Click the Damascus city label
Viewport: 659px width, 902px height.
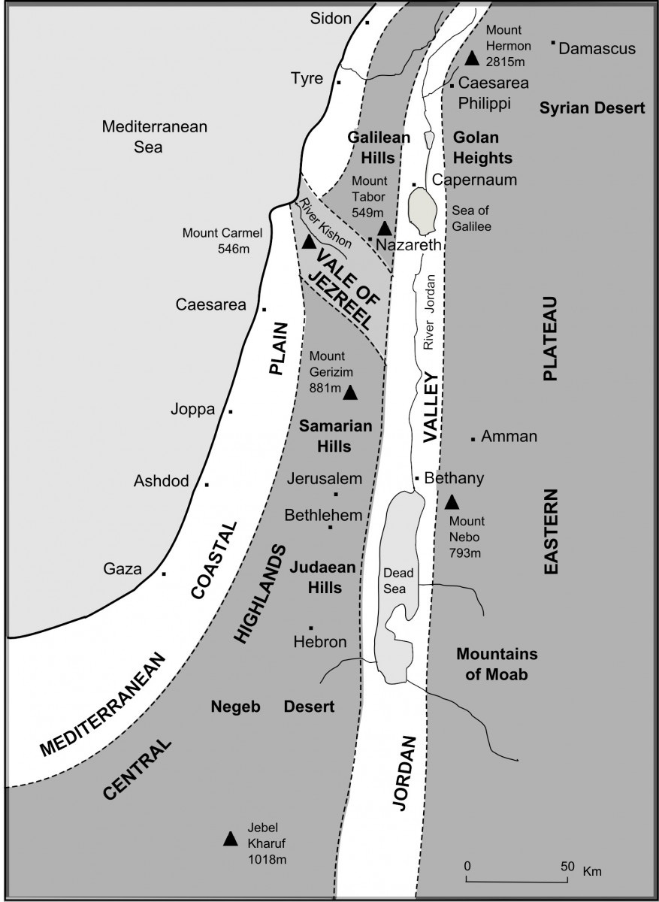597,49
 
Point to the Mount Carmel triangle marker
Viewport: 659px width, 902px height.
309,242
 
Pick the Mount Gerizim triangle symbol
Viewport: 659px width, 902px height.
350,392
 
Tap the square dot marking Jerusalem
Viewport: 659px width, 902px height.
336,494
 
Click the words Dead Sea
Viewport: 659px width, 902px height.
395,580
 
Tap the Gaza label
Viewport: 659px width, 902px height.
122,569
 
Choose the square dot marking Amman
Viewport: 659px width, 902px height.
473,439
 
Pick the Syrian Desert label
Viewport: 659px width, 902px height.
592,108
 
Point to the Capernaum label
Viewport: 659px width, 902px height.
464,181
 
